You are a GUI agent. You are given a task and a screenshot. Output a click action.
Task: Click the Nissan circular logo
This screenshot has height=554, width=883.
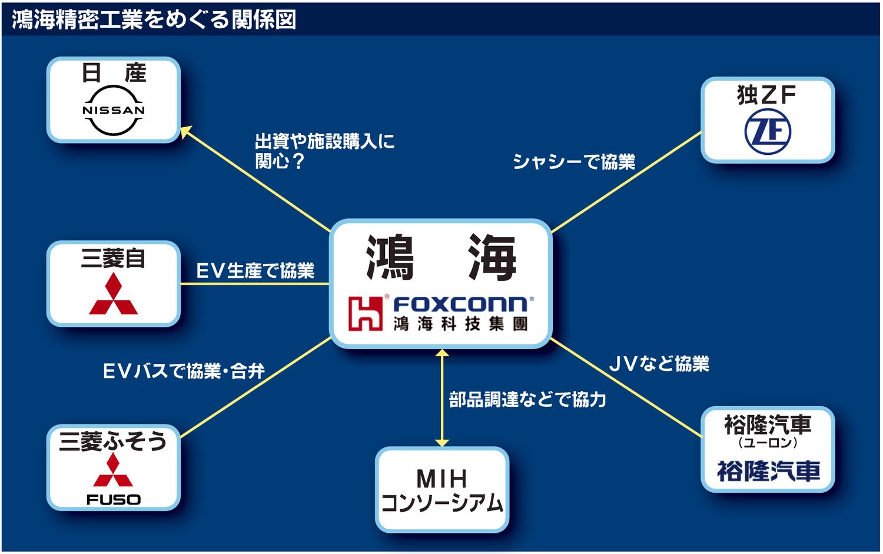(114, 110)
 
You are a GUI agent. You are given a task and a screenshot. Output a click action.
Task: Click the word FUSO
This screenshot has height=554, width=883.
(114, 500)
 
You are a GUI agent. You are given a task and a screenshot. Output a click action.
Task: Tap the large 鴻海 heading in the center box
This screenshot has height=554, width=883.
(441, 258)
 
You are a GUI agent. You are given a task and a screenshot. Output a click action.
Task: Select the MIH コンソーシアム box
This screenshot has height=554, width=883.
(442, 490)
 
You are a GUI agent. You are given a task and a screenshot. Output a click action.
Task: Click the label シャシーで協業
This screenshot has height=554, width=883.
(574, 161)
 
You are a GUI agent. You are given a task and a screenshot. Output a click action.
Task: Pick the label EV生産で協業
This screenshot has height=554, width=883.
(255, 271)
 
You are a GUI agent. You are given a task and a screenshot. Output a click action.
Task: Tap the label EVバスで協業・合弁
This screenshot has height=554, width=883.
(184, 371)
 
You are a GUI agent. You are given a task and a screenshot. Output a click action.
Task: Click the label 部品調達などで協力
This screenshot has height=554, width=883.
(527, 400)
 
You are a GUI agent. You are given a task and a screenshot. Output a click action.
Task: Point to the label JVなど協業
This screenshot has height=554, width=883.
(659, 364)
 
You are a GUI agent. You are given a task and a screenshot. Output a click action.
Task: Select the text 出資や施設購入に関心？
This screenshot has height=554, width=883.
(324, 151)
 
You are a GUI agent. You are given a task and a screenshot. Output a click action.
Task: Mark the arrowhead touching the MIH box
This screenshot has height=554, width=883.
(442, 443)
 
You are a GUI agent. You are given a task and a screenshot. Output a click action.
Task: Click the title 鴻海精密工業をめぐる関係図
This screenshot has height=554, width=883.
(154, 19)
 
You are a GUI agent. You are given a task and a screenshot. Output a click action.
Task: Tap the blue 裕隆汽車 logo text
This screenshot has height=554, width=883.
(768, 471)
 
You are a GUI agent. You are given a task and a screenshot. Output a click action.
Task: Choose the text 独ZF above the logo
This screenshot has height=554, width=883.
(766, 95)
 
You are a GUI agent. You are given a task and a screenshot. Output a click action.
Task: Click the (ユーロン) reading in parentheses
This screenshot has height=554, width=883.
(768, 443)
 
